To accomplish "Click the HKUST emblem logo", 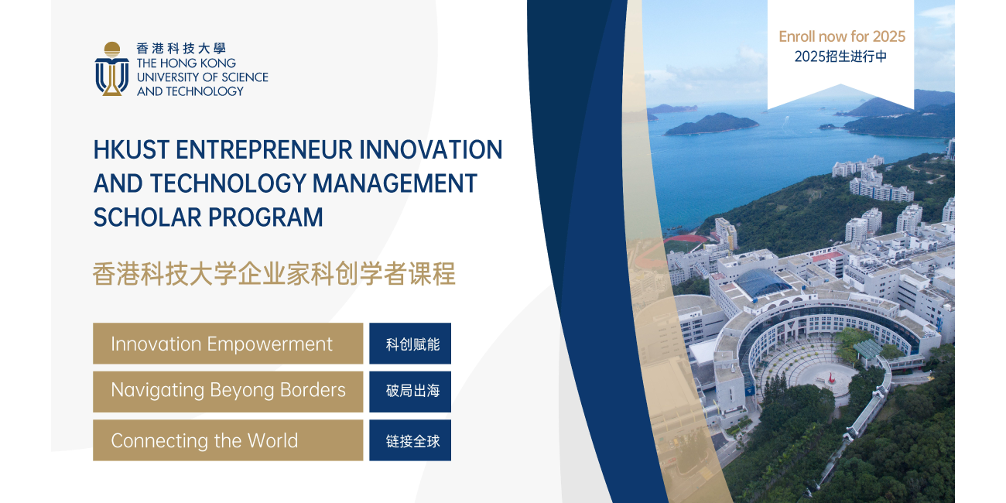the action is point(112,69).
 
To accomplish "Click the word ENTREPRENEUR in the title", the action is point(264,150).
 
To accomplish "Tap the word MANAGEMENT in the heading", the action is point(395,183).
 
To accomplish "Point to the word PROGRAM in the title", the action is point(265,217).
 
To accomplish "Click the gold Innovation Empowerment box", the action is point(228,344).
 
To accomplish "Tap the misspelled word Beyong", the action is point(240,391).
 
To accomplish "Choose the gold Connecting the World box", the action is point(228,440).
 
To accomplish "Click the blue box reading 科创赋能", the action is point(410,344).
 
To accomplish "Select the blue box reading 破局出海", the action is point(410,392).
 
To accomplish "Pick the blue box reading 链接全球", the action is point(410,440).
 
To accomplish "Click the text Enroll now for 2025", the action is point(842,36).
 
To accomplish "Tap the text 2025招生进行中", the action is point(840,56).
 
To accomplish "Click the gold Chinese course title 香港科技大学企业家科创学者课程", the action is point(274,274).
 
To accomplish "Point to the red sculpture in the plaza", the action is point(831,378).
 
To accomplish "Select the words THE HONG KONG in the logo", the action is point(186,63).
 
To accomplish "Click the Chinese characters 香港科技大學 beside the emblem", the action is point(181,48).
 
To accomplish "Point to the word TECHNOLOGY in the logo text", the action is point(205,91).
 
